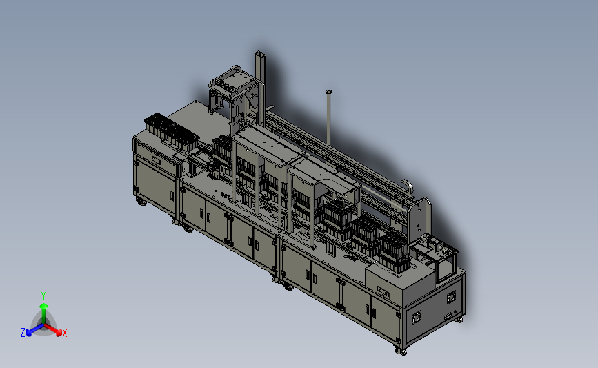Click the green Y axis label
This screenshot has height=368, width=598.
point(43,296)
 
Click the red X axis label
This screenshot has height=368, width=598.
point(64,333)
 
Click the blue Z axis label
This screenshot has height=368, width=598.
point(23,333)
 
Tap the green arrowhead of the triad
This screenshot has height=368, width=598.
point(44,306)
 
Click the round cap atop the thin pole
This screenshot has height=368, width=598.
point(329,92)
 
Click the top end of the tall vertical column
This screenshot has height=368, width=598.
point(259,52)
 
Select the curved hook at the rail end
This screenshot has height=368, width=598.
point(409,186)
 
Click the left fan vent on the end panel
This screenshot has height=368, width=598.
point(417,316)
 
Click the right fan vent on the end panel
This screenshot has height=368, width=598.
point(452,297)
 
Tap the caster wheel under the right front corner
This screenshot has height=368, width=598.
point(401,351)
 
